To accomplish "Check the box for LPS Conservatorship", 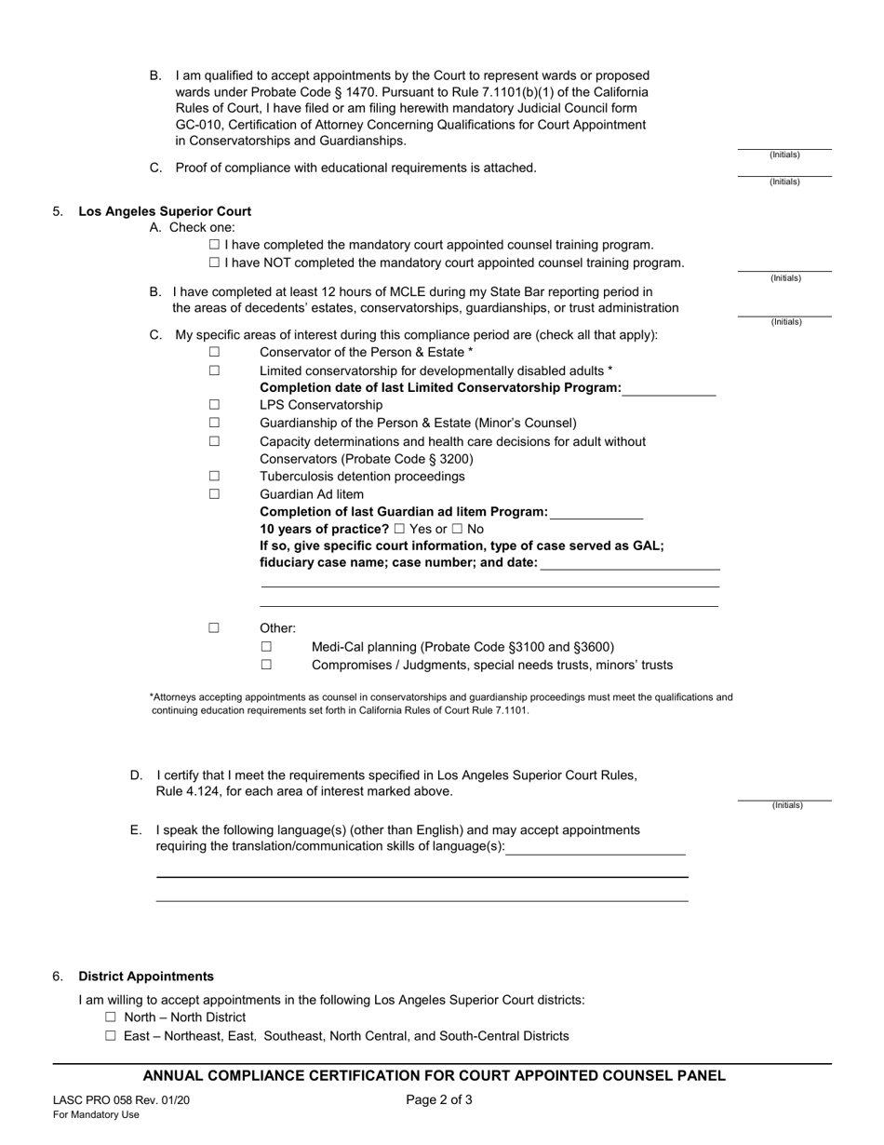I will (x=214, y=405).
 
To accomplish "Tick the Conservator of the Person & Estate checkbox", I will (x=214, y=352).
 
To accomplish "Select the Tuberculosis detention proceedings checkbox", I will (x=214, y=477).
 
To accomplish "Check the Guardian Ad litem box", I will (x=214, y=494).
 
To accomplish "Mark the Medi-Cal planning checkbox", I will (x=266, y=647).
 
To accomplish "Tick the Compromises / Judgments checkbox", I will (x=266, y=666).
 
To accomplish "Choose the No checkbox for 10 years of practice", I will (x=457, y=529).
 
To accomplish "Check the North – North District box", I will (x=112, y=1017).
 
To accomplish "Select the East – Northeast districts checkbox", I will (x=112, y=1036).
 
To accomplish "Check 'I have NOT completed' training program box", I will (x=215, y=263).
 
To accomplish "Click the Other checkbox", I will (x=214, y=628).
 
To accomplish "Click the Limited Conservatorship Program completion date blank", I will (x=668, y=389).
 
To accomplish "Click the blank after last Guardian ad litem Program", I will (x=596, y=512).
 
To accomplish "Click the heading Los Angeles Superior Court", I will (x=165, y=211).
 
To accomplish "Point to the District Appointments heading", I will (x=146, y=977).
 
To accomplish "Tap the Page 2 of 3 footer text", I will (x=439, y=1099).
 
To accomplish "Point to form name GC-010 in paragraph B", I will (x=199, y=125).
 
